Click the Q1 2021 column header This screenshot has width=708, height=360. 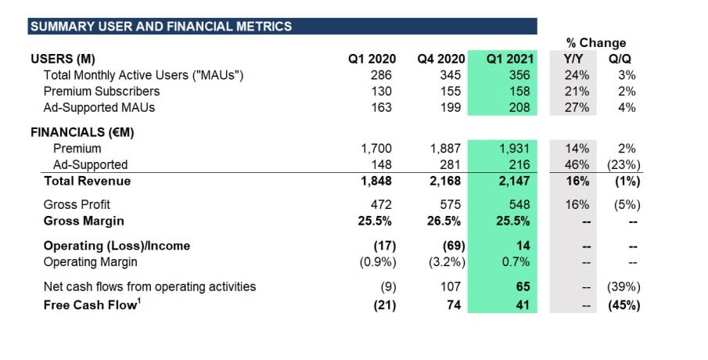pyautogui.click(x=508, y=59)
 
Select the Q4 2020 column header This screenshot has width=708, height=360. pyautogui.click(x=441, y=59)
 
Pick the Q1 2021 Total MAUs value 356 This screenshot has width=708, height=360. pyautogui.click(x=518, y=75)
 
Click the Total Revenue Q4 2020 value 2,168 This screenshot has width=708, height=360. pyautogui.click(x=447, y=181)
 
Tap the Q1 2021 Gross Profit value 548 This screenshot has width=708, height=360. pyautogui.click(x=518, y=205)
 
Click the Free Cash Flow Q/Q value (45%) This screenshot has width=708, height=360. pyautogui.click(x=624, y=304)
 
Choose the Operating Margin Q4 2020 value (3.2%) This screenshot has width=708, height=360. pyautogui.click(x=447, y=262)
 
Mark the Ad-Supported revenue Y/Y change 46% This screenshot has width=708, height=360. pyautogui.click(x=578, y=164)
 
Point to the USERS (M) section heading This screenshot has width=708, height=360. pyautogui.click(x=63, y=59)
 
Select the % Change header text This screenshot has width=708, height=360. pyautogui.click(x=596, y=43)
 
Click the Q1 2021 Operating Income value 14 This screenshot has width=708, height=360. pyautogui.click(x=523, y=246)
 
